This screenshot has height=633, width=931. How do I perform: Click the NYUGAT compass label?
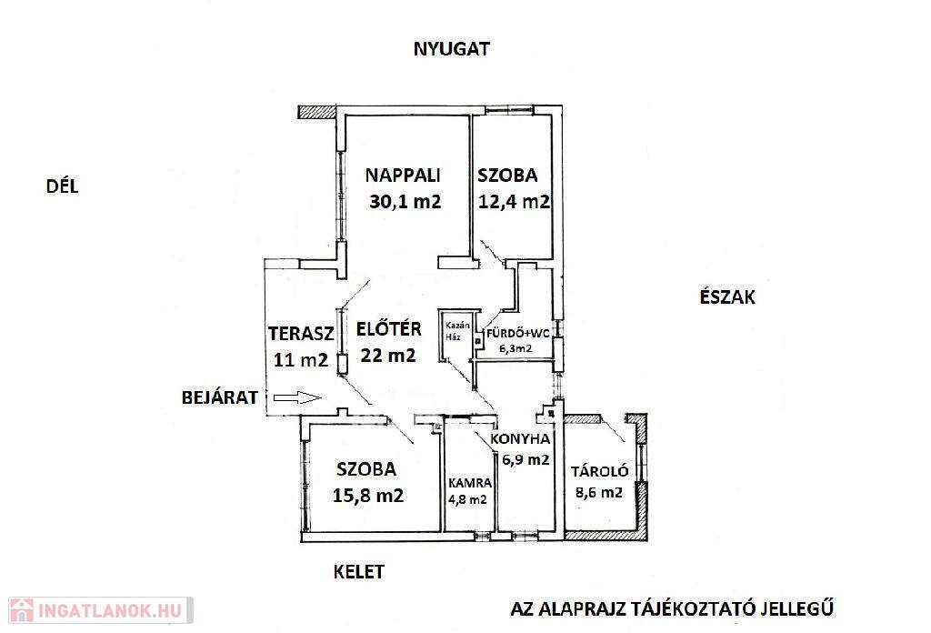coord(451,49)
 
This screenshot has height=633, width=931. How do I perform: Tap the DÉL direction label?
coord(63,186)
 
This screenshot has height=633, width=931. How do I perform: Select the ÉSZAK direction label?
coord(727,296)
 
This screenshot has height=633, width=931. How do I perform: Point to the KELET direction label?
coord(358,572)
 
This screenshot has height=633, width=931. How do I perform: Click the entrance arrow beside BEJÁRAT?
coord(297,397)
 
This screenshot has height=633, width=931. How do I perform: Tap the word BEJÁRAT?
coord(220,397)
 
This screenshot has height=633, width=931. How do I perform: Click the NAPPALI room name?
coord(403,176)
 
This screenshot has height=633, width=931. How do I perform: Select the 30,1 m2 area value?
coord(405,201)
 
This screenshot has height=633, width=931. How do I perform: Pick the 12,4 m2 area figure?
coord(515,201)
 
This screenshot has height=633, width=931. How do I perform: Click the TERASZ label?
coord(301,334)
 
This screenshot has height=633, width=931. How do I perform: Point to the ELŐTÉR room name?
coord(389,328)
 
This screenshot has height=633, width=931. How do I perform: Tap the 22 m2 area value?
coord(388,355)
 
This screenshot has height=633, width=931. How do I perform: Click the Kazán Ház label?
coord(457,331)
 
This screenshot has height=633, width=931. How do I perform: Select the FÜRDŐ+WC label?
coord(517,333)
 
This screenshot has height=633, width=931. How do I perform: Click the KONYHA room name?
coord(520,439)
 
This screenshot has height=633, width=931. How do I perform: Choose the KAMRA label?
coord(470,483)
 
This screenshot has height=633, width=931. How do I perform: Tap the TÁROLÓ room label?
coord(600,471)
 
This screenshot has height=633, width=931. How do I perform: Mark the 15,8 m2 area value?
coord(368,496)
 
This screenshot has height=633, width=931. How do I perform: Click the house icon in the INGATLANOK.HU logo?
coord(22,610)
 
